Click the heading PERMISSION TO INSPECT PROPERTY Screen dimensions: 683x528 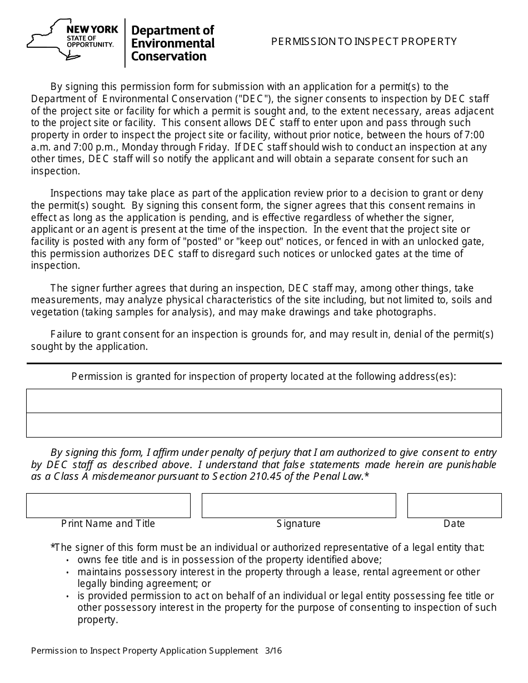click(364, 42)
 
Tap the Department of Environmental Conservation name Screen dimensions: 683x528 click(172, 43)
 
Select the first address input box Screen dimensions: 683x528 click(263, 401)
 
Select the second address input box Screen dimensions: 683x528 click(263, 425)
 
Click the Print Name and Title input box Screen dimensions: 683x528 click(108, 505)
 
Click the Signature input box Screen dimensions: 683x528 click(298, 505)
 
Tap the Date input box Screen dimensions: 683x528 click(454, 505)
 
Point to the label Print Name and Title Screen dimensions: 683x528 click(108, 524)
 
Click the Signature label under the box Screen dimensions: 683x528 click(298, 524)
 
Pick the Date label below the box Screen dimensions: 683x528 click(454, 524)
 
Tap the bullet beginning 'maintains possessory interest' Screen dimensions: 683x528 click(278, 572)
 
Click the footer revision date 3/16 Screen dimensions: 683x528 click(273, 651)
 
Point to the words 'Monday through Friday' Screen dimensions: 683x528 click(175, 147)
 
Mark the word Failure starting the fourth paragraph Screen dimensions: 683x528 click(67, 334)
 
